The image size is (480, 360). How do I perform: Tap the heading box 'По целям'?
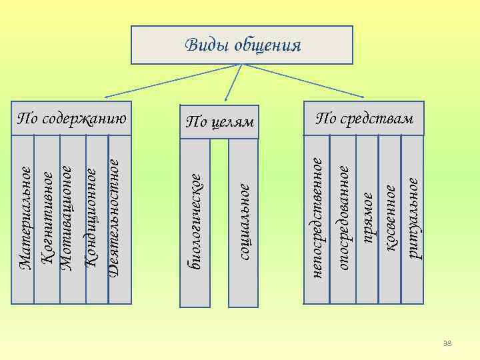(x=220, y=121)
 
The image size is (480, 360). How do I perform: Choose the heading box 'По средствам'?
(x=365, y=118)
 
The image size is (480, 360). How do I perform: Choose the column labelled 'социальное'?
(x=243, y=220)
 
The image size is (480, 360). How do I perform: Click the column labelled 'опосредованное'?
(x=343, y=213)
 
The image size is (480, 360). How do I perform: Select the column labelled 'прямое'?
(x=367, y=213)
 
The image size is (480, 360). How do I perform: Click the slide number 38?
(x=447, y=343)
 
